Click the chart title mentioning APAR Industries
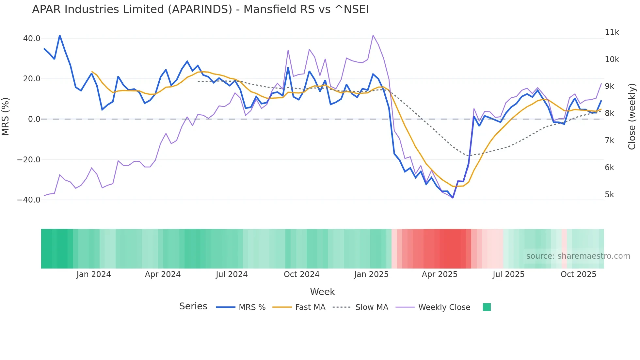pyautogui.click(x=200, y=9)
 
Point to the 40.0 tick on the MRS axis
pyautogui.click(x=32, y=39)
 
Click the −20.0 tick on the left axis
pyautogui.click(x=29, y=160)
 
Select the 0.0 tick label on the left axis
pyautogui.click(x=34, y=119)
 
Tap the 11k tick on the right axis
pyautogui.click(x=612, y=32)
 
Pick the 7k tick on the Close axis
pyautogui.click(x=609, y=140)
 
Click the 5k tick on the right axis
pyautogui.click(x=609, y=195)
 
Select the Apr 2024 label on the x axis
pyautogui.click(x=163, y=274)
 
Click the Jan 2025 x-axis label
pyautogui.click(x=371, y=274)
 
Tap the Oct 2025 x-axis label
pyautogui.click(x=578, y=274)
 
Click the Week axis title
pyautogui.click(x=322, y=292)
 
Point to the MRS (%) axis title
pyautogui.click(x=5, y=117)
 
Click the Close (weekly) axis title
pyautogui.click(x=632, y=117)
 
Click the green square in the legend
pyautogui.click(x=487, y=307)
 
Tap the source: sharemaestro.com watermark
pyautogui.click(x=578, y=256)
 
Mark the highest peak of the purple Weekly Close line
pyautogui.click(x=373, y=35)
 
